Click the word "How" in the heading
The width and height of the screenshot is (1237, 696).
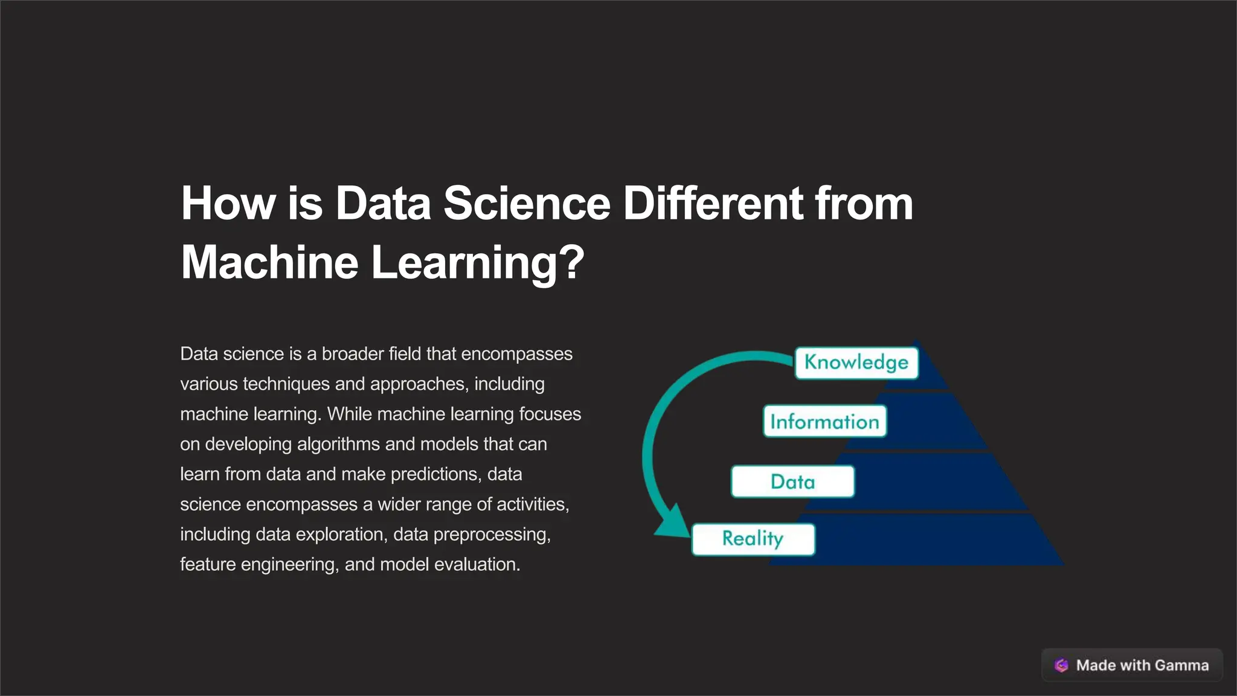pos(228,204)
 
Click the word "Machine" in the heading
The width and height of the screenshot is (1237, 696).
pos(269,262)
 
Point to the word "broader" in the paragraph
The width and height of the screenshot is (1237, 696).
pos(352,354)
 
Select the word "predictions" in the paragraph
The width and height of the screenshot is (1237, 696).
pos(435,474)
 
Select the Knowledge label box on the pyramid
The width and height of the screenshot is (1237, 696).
pos(856,362)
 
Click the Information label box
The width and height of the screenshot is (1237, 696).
pos(824,422)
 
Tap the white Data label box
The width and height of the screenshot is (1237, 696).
pos(792,482)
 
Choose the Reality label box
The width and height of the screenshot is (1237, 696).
pos(753,539)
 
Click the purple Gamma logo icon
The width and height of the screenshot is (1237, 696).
pos(1061,665)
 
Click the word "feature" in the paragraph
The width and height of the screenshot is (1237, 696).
pos(207,564)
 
